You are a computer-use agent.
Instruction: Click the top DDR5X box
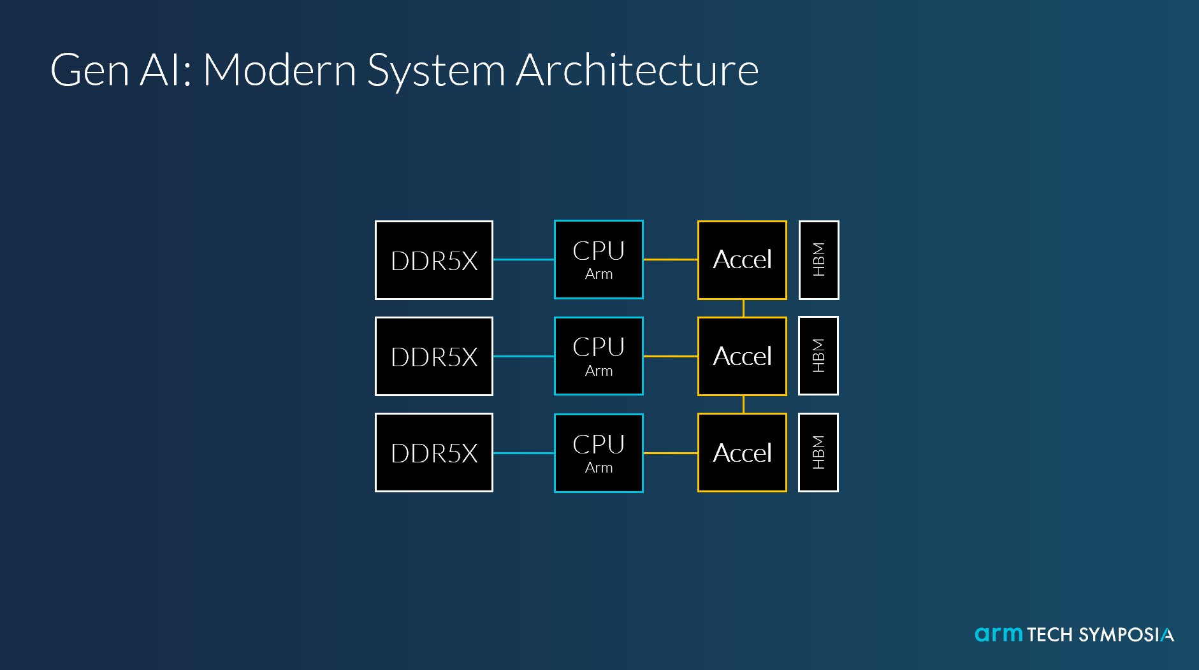pyautogui.click(x=434, y=260)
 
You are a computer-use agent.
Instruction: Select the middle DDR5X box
pyautogui.click(x=434, y=356)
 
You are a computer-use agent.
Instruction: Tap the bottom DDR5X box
pyautogui.click(x=434, y=453)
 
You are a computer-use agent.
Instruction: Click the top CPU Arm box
pyautogui.click(x=599, y=260)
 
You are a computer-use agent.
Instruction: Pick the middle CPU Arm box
pyautogui.click(x=599, y=356)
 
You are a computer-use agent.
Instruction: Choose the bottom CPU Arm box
pyautogui.click(x=599, y=453)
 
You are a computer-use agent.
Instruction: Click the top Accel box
pyautogui.click(x=742, y=260)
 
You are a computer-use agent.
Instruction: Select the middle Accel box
pyautogui.click(x=742, y=356)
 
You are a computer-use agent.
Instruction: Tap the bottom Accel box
pyautogui.click(x=742, y=453)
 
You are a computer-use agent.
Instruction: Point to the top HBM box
pyautogui.click(x=818, y=260)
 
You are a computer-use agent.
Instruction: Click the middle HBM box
pyautogui.click(x=818, y=356)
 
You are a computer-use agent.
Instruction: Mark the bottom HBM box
pyautogui.click(x=818, y=453)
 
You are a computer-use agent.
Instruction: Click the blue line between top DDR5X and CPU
pyautogui.click(x=524, y=260)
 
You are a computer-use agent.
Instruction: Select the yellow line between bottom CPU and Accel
pyautogui.click(x=671, y=453)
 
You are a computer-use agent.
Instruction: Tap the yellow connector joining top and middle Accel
pyautogui.click(x=743, y=308)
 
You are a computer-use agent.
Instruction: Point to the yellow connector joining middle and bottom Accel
pyautogui.click(x=743, y=404)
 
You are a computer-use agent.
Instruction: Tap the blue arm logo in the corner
pyautogui.click(x=999, y=634)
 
